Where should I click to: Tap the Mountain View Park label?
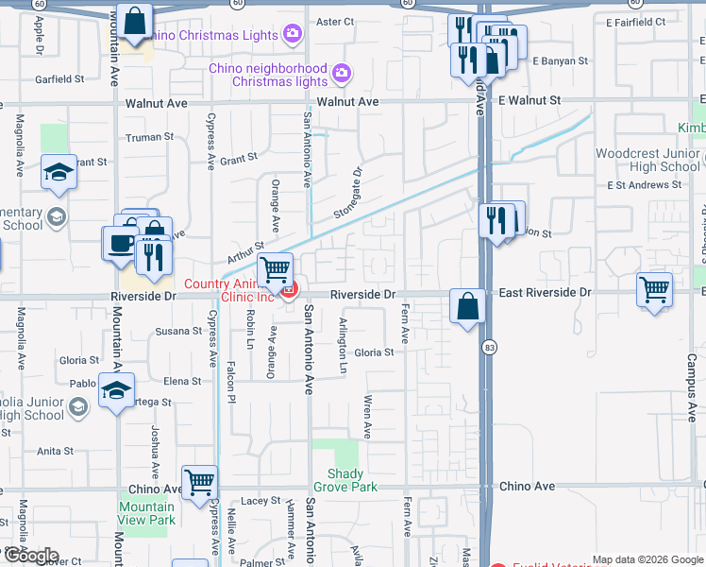pyautogui.click(x=147, y=513)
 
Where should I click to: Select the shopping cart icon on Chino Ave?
pyautogui.click(x=199, y=483)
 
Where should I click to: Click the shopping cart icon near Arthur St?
pyautogui.click(x=275, y=269)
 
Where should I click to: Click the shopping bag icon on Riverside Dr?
pyautogui.click(x=467, y=306)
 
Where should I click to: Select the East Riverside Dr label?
pyautogui.click(x=545, y=293)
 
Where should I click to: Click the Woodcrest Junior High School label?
pyautogui.click(x=647, y=160)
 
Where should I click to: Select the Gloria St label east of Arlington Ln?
pyautogui.click(x=374, y=352)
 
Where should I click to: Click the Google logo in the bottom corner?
pyautogui.click(x=30, y=556)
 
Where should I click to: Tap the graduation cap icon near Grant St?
pyautogui.click(x=59, y=172)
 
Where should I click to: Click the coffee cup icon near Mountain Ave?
pyautogui.click(x=120, y=243)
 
